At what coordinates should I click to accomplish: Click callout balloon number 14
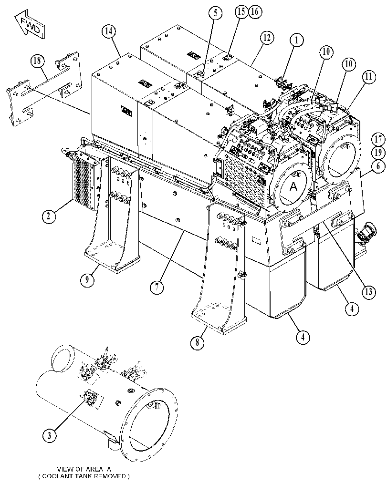(109, 31)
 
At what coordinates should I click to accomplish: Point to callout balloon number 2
(48, 216)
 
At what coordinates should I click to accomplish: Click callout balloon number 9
(87, 279)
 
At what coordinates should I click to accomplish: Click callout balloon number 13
(369, 291)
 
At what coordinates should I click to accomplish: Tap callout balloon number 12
(267, 38)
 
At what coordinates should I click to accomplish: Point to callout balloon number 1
(297, 40)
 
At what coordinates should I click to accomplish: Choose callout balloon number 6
(378, 166)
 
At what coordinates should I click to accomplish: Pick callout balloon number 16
(254, 11)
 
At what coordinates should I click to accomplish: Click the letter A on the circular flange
(293, 186)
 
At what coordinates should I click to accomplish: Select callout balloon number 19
(378, 153)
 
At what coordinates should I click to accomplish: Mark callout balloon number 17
(378, 140)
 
